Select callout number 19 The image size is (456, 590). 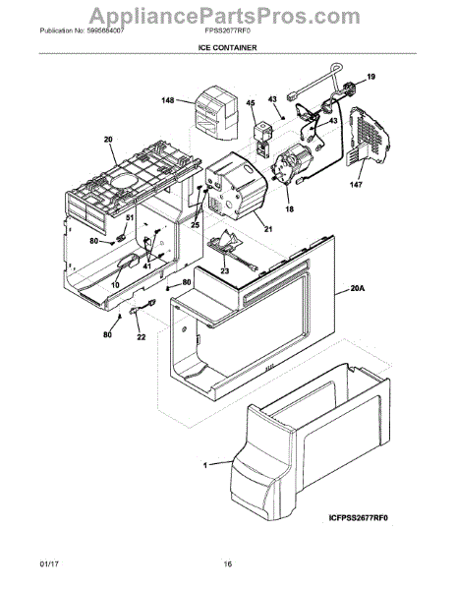[x=371, y=76]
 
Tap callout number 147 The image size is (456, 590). [x=356, y=184]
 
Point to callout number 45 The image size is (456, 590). [x=250, y=102]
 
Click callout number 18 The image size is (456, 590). [x=288, y=209]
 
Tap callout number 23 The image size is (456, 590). [x=224, y=271]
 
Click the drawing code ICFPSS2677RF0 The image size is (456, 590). [x=361, y=542]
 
